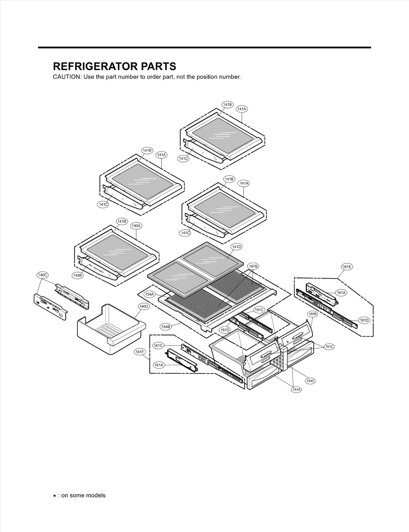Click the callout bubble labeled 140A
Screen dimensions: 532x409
click(x=136, y=226)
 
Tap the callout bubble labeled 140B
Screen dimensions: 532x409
click(x=77, y=275)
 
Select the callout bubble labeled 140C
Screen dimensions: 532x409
click(x=42, y=275)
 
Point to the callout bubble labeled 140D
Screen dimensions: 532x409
click(x=144, y=306)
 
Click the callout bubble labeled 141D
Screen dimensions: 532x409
click(x=236, y=247)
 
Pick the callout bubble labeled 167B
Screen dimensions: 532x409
click(x=253, y=266)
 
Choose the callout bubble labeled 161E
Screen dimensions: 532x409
click(x=347, y=267)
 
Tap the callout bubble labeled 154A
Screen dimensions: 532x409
click(x=150, y=294)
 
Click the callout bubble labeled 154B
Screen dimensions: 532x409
click(x=166, y=327)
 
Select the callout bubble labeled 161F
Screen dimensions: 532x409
click(x=140, y=352)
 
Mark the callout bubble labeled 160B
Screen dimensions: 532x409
click(x=312, y=314)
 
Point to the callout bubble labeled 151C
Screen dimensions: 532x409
click(x=329, y=347)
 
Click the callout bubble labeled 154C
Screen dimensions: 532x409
click(x=310, y=381)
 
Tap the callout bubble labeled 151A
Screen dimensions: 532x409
click(x=297, y=390)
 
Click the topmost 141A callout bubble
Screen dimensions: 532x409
click(x=242, y=109)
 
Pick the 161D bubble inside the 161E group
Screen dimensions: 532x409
click(x=364, y=320)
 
